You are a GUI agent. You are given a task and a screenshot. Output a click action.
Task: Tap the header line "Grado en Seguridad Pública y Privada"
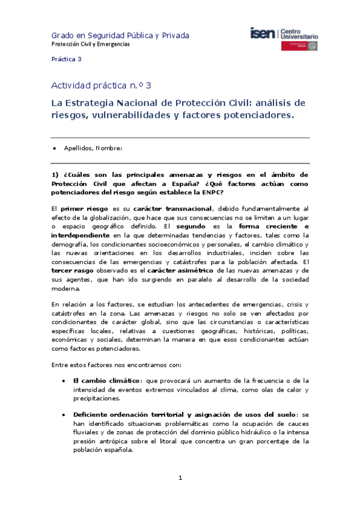coord(120,35)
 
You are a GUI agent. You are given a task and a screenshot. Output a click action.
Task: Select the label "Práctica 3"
coord(66,59)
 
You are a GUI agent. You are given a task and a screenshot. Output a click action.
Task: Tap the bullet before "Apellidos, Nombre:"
coord(55,148)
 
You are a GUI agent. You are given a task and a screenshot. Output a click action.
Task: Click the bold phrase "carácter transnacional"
coord(172,208)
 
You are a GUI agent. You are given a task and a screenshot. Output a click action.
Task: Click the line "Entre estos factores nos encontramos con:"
coord(120,365)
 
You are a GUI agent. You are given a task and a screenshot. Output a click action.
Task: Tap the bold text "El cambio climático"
coord(107,381)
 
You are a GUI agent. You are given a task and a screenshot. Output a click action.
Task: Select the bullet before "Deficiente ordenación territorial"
coord(64,414)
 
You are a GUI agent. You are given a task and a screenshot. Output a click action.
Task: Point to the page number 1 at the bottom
coord(180,478)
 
